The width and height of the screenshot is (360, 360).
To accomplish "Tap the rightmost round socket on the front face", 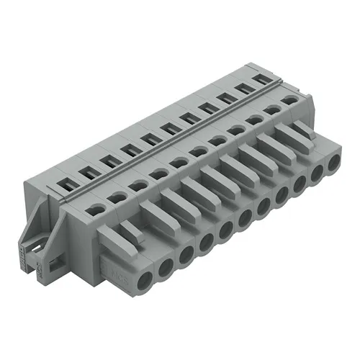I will click(x=333, y=163).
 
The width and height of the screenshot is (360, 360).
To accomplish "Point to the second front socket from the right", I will click(x=318, y=174).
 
